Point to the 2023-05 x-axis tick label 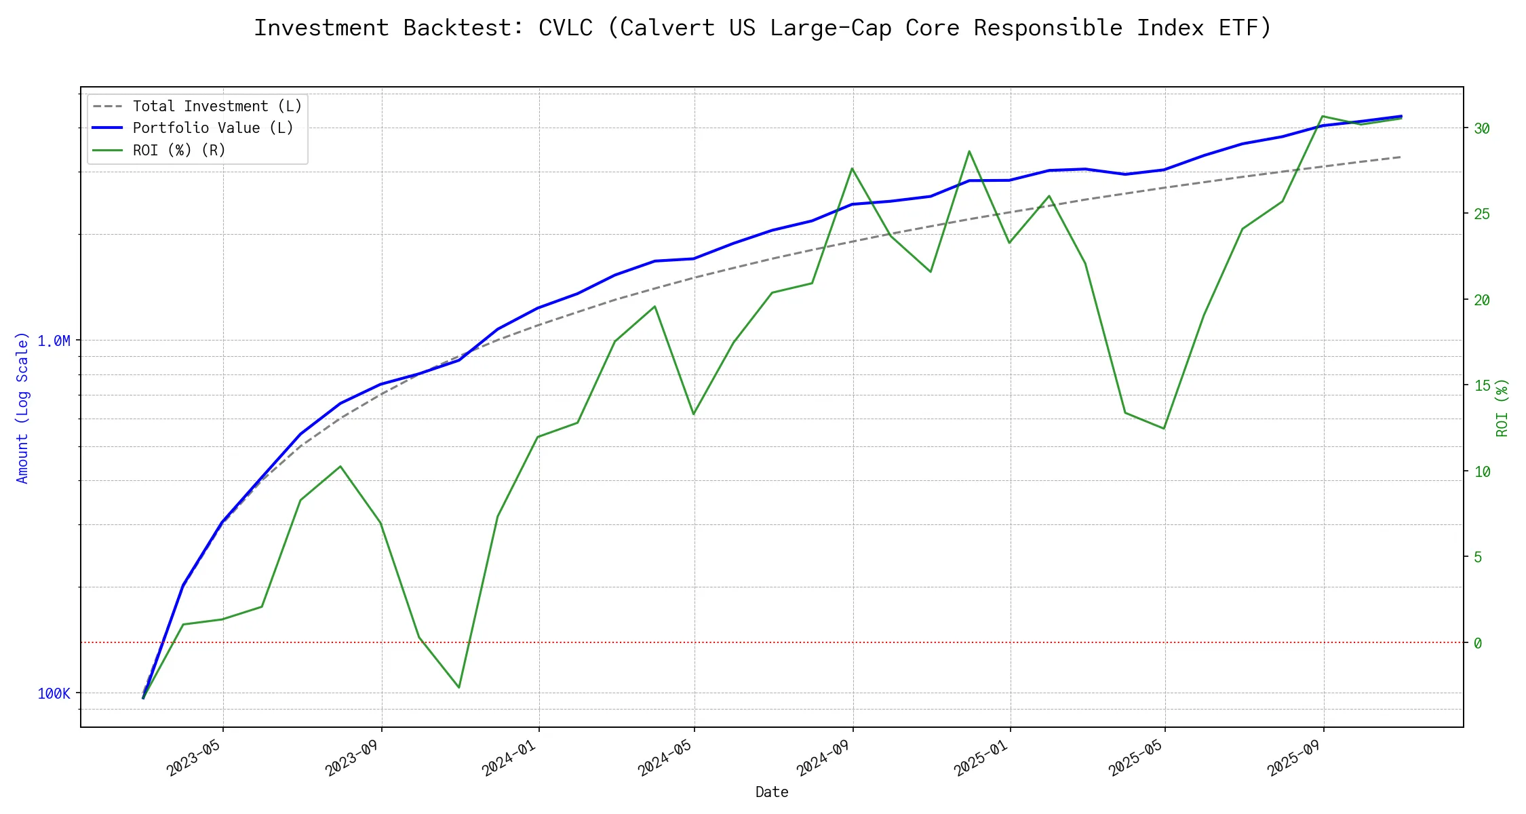click(x=196, y=755)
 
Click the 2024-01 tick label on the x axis click(x=511, y=755)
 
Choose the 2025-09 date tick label click(x=1296, y=755)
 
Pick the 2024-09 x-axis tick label click(x=825, y=755)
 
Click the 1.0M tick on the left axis click(x=54, y=341)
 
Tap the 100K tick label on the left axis click(x=54, y=693)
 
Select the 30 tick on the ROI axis click(x=1482, y=128)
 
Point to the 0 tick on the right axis click(x=1478, y=642)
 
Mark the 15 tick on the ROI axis click(x=1482, y=385)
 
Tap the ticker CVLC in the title click(x=565, y=28)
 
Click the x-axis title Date click(x=772, y=792)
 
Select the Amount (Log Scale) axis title click(x=22, y=407)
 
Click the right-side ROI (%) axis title click(x=1502, y=407)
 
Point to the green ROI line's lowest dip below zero click(x=459, y=687)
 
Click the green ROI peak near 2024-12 click(x=969, y=151)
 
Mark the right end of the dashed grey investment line click(x=1401, y=157)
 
